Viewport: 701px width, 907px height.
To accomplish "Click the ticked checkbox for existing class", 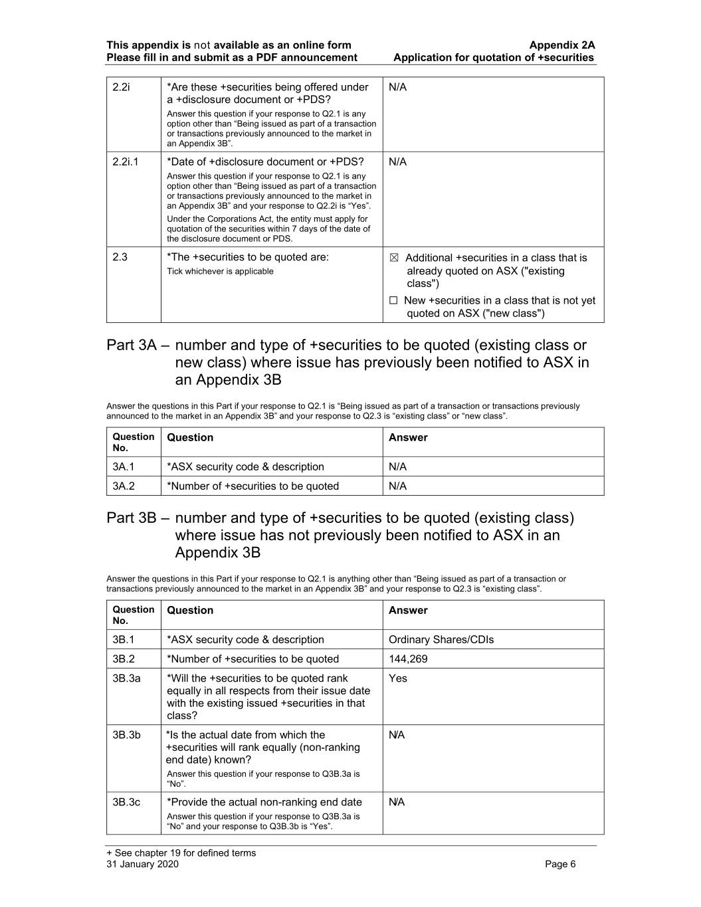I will [x=394, y=258].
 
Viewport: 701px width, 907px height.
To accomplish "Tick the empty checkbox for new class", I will [x=394, y=301].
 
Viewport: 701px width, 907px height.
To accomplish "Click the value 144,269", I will [x=408, y=659].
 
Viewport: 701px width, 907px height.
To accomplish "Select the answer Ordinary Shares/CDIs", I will [x=441, y=640].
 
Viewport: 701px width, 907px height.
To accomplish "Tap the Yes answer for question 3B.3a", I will [x=398, y=678].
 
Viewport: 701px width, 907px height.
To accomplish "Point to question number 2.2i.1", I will [x=126, y=162].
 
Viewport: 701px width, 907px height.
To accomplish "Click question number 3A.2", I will [x=124, y=486].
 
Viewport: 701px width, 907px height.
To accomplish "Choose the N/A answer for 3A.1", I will [x=397, y=467].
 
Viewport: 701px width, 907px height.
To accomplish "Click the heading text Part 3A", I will [x=132, y=346].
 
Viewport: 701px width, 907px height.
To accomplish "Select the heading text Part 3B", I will [x=132, y=518].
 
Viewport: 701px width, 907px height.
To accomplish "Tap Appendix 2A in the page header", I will [x=562, y=45].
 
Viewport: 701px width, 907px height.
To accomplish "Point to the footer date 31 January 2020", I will [x=142, y=864].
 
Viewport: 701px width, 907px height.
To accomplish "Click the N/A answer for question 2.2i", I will [x=397, y=88].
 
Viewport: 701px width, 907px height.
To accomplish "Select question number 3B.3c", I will [x=126, y=803].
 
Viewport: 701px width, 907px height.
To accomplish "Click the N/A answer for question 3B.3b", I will [x=397, y=735].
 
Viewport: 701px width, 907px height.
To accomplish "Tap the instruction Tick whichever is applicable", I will [x=220, y=272].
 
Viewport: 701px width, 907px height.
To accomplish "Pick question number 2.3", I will [x=120, y=257].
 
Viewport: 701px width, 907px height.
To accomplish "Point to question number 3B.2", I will [x=124, y=659].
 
